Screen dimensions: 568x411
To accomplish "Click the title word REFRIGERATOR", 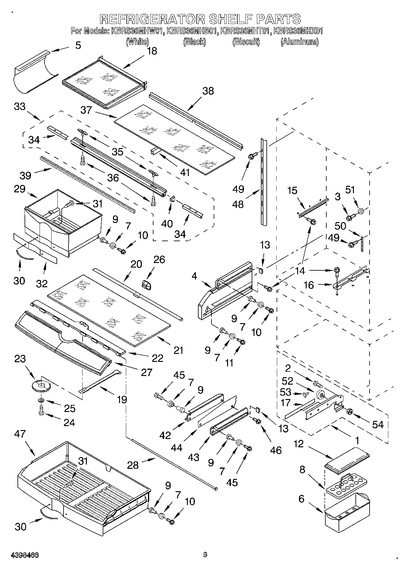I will (x=153, y=19).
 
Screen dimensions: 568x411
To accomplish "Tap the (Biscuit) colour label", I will (x=246, y=42).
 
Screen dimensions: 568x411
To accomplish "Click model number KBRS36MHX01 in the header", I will (x=298, y=31).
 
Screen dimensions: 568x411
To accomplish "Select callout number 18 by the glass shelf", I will (x=152, y=51).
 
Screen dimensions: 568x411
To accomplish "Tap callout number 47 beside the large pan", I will (x=20, y=434).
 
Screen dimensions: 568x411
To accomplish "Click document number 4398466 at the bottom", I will (x=25, y=555).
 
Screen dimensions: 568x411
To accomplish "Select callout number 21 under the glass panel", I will (x=178, y=350).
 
